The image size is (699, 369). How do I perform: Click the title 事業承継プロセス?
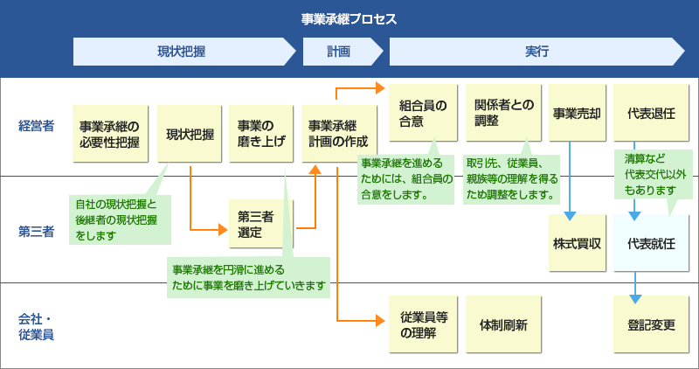[349, 18]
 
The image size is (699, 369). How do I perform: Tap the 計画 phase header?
[338, 52]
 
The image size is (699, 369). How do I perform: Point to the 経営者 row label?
[36, 125]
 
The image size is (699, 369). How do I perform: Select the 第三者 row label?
[36, 232]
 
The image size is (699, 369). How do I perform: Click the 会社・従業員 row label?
[36, 325]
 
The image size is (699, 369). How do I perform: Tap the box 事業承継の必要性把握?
[109, 134]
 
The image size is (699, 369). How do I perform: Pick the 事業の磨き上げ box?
[261, 134]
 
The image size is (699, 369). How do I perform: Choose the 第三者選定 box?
[261, 226]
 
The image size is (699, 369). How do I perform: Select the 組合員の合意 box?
[423, 115]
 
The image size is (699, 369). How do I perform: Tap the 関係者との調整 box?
[499, 115]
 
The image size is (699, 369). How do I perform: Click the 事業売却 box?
[576, 115]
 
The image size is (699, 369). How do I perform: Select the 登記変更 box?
[651, 325]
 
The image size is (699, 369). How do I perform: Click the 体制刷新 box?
[499, 325]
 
